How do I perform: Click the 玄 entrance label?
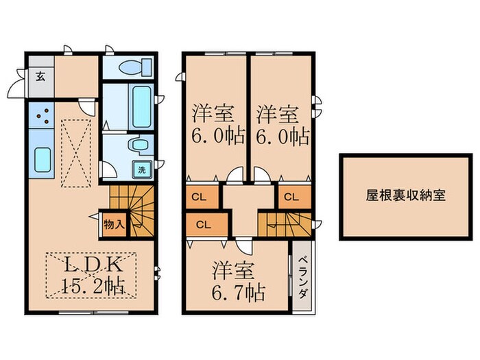pyautogui.click(x=40, y=77)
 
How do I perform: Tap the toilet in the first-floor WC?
pyautogui.click(x=134, y=68)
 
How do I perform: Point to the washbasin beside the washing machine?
pyautogui.click(x=137, y=146)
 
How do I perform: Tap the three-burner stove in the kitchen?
pyautogui.click(x=42, y=116)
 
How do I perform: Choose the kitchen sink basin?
pyautogui.click(x=42, y=160)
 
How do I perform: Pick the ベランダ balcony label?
pyautogui.click(x=303, y=276)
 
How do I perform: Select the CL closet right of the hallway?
pyautogui.click(x=291, y=197)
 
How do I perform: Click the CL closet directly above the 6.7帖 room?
pyautogui.click(x=202, y=224)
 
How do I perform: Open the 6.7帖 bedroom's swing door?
pyautogui.click(x=241, y=245)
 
